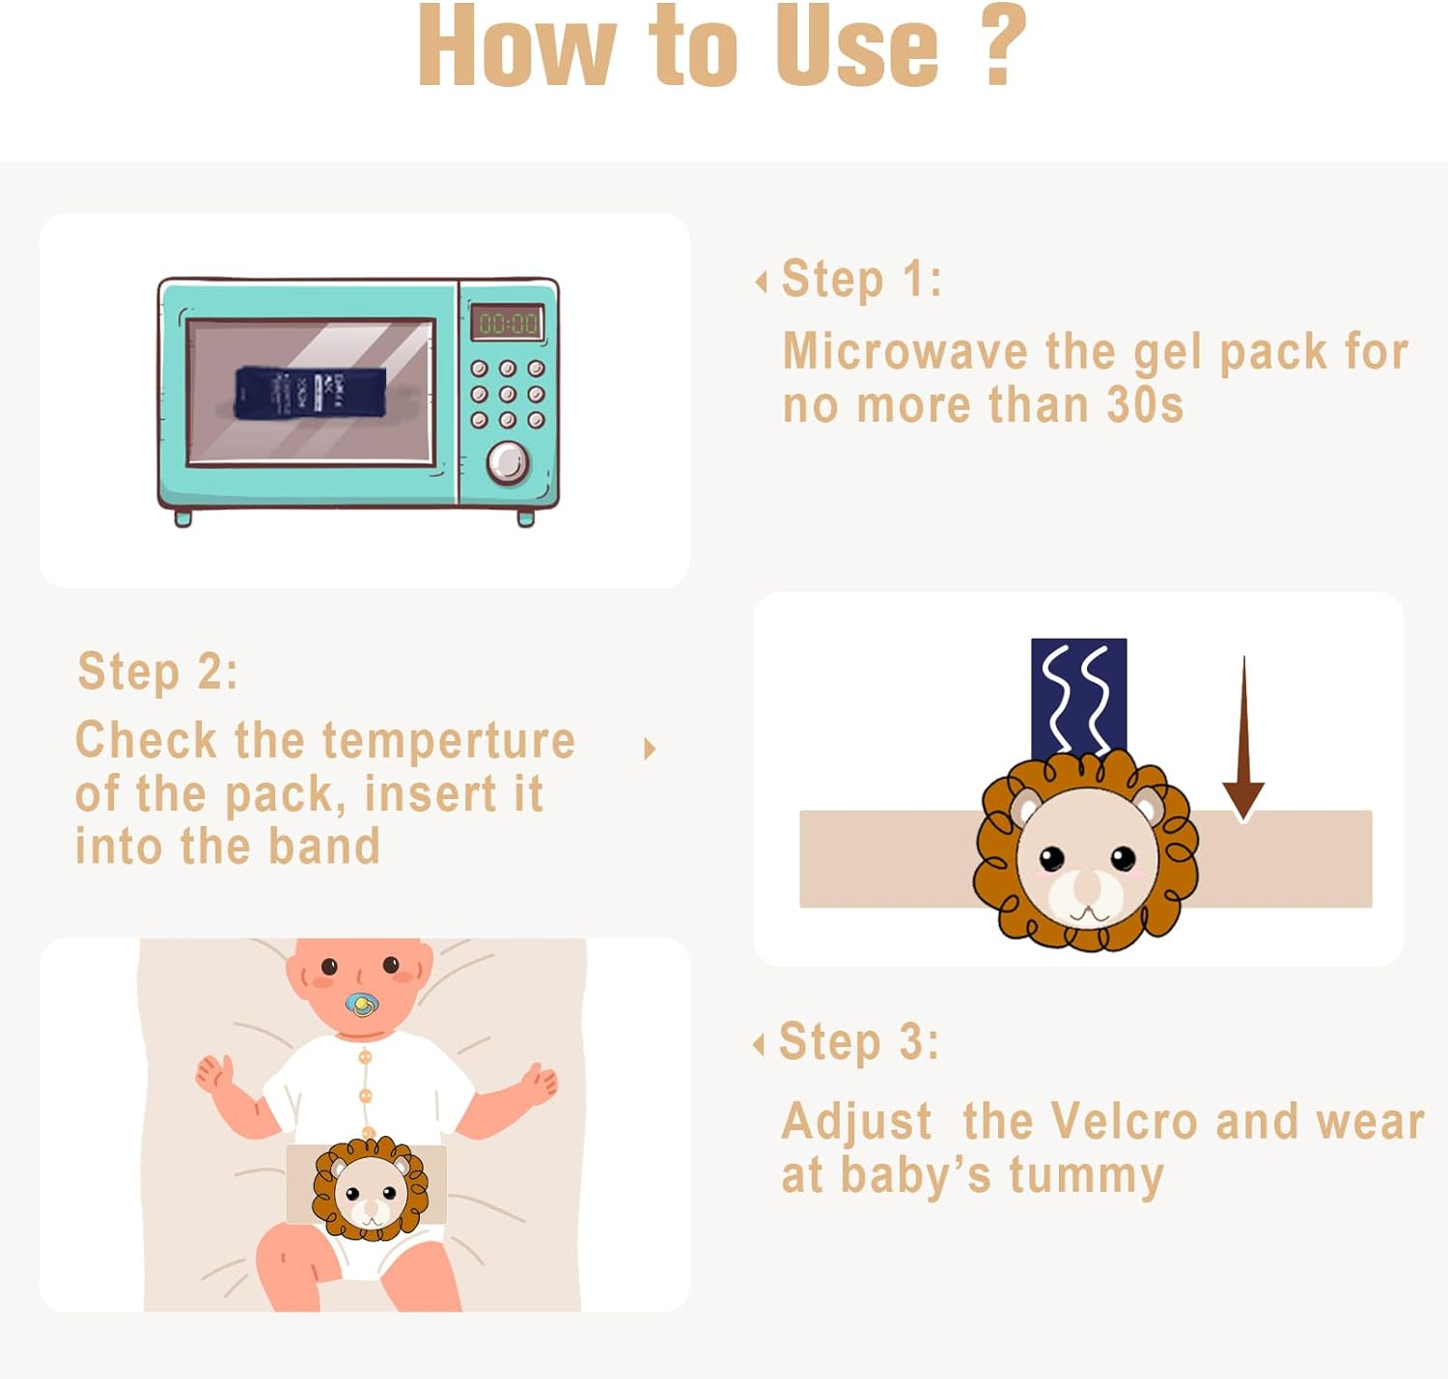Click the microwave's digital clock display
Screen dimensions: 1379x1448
tap(508, 322)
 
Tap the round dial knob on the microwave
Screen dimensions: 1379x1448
tap(507, 462)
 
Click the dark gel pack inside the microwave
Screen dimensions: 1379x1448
tap(310, 393)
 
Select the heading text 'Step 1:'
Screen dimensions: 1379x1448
tap(861, 279)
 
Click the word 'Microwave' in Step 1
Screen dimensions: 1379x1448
tap(905, 351)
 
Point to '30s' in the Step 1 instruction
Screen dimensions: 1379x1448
tap(1145, 404)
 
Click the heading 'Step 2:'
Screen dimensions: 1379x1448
tap(157, 671)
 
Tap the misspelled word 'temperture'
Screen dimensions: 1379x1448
tap(449, 741)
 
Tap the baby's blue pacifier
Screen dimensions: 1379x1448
tap(362, 1005)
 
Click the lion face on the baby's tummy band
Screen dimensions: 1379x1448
tap(370, 1189)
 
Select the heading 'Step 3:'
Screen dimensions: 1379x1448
tap(858, 1042)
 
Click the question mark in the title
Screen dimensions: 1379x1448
tap(1003, 46)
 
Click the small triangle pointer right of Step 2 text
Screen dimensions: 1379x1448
tap(650, 749)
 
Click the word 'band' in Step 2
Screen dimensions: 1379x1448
tap(324, 846)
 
